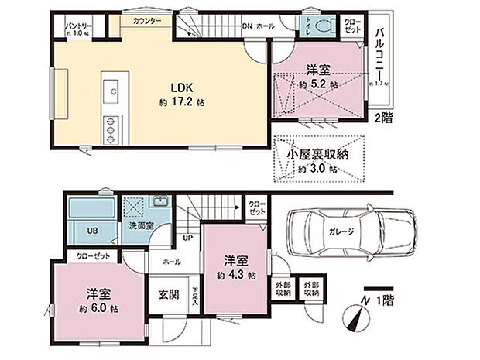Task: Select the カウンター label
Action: (146, 22)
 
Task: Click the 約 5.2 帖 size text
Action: (317, 84)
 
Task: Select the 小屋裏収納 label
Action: (317, 154)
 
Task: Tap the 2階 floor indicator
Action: (383, 118)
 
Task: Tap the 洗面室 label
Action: (139, 225)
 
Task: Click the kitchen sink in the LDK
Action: (111, 92)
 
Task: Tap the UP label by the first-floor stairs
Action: (188, 237)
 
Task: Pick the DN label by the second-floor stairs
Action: (247, 26)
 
